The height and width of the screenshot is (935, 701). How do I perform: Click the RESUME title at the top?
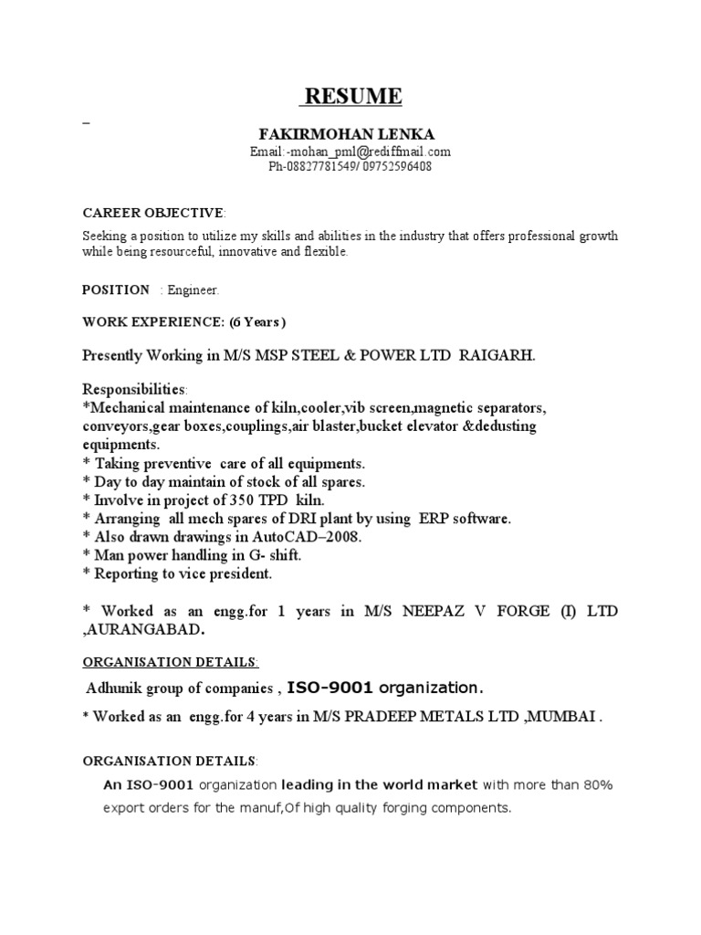click(351, 96)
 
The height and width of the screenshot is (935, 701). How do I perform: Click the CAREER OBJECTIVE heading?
click(152, 213)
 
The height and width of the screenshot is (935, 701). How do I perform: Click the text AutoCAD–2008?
click(292, 537)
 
